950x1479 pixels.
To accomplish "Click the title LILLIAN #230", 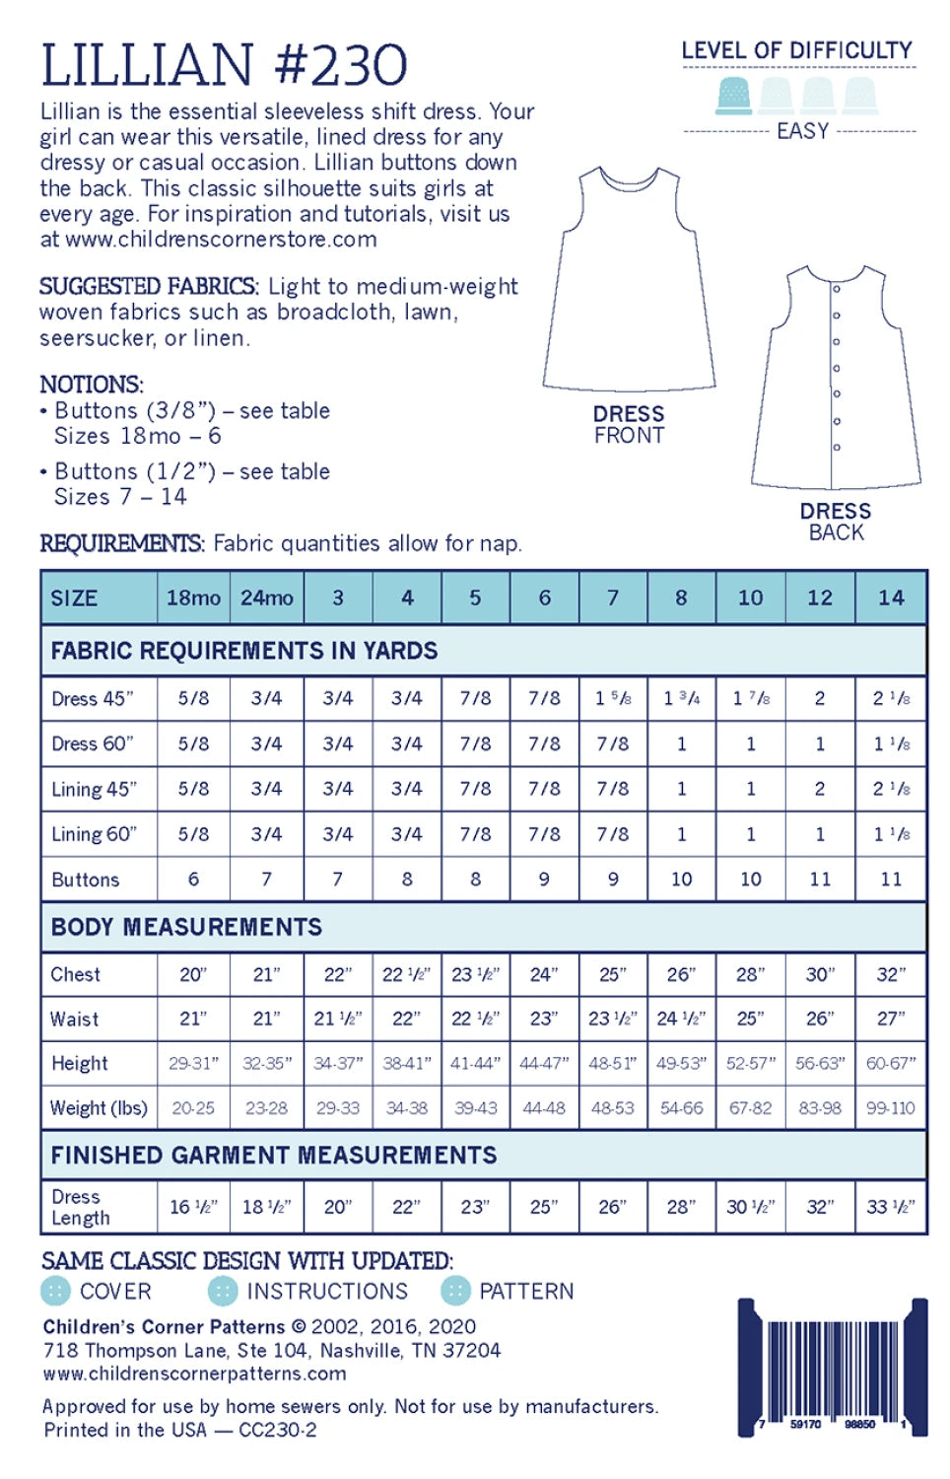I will (x=225, y=65).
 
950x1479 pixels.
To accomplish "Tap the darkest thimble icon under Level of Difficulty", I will (x=732, y=95).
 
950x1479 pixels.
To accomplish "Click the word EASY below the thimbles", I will (x=802, y=131).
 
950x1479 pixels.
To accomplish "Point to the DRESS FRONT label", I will (x=629, y=425).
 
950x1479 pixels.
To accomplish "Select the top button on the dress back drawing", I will (x=836, y=289).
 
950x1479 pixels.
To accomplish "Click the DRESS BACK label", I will (x=836, y=522).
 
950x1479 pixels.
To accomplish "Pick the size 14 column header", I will (x=891, y=598).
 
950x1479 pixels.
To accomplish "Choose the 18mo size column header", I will (x=193, y=598).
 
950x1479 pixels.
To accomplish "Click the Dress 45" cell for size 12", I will (x=820, y=698).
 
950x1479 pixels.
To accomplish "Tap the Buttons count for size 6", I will (x=544, y=879).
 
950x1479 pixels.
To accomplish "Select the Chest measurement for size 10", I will (x=750, y=974).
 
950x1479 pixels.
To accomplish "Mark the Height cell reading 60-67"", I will (x=891, y=1063).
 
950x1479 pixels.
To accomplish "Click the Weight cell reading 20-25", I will (x=193, y=1108).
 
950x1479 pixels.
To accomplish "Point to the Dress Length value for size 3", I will (x=338, y=1207).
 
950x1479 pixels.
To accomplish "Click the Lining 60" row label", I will (x=95, y=834).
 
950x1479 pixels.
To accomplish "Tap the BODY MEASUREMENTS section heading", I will (x=186, y=927).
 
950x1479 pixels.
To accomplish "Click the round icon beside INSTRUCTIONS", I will (x=223, y=1291).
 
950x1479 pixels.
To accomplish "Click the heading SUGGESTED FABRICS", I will (x=148, y=286).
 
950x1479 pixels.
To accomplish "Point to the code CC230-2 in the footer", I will (x=278, y=1430).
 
